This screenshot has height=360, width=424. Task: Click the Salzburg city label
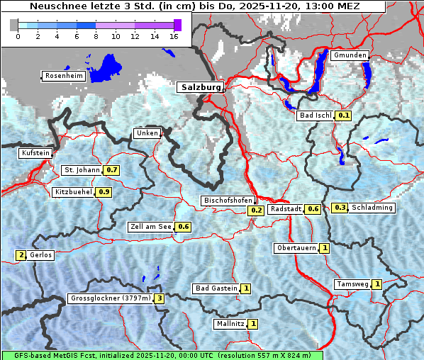[201, 87]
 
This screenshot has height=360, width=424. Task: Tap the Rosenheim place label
[64, 76]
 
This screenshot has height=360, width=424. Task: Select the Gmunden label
[350, 55]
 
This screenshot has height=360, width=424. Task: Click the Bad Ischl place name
[316, 116]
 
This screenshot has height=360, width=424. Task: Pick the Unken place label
[147, 133]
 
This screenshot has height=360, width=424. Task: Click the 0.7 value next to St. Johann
[111, 170]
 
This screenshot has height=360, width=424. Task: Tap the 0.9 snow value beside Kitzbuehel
[104, 192]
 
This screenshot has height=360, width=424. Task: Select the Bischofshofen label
[227, 201]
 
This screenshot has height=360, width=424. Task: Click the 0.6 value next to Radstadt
[313, 209]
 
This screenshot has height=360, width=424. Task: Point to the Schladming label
[372, 208]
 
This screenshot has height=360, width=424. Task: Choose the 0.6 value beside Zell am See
[184, 227]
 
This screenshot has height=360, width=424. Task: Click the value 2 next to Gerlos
[21, 255]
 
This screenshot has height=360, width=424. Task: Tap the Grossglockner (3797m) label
[111, 298]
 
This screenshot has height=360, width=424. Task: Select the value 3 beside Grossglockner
[160, 298]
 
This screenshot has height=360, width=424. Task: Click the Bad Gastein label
[216, 288]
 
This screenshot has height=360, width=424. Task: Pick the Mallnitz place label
[230, 324]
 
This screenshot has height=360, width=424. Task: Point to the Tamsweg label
[352, 284]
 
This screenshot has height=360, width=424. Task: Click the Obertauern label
[296, 248]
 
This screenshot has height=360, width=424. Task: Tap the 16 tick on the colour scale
[174, 35]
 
